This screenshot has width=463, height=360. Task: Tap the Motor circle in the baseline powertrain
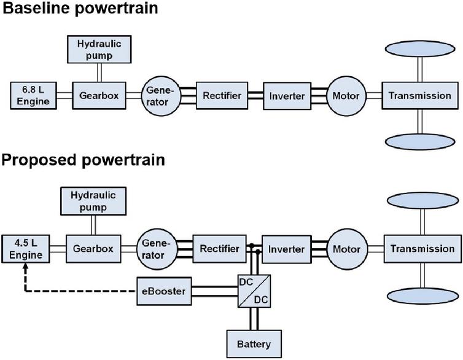point(346,96)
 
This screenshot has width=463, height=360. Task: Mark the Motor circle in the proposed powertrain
point(346,249)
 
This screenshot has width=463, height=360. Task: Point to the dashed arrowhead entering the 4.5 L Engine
point(25,268)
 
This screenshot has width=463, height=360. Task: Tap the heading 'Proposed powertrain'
point(82,161)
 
